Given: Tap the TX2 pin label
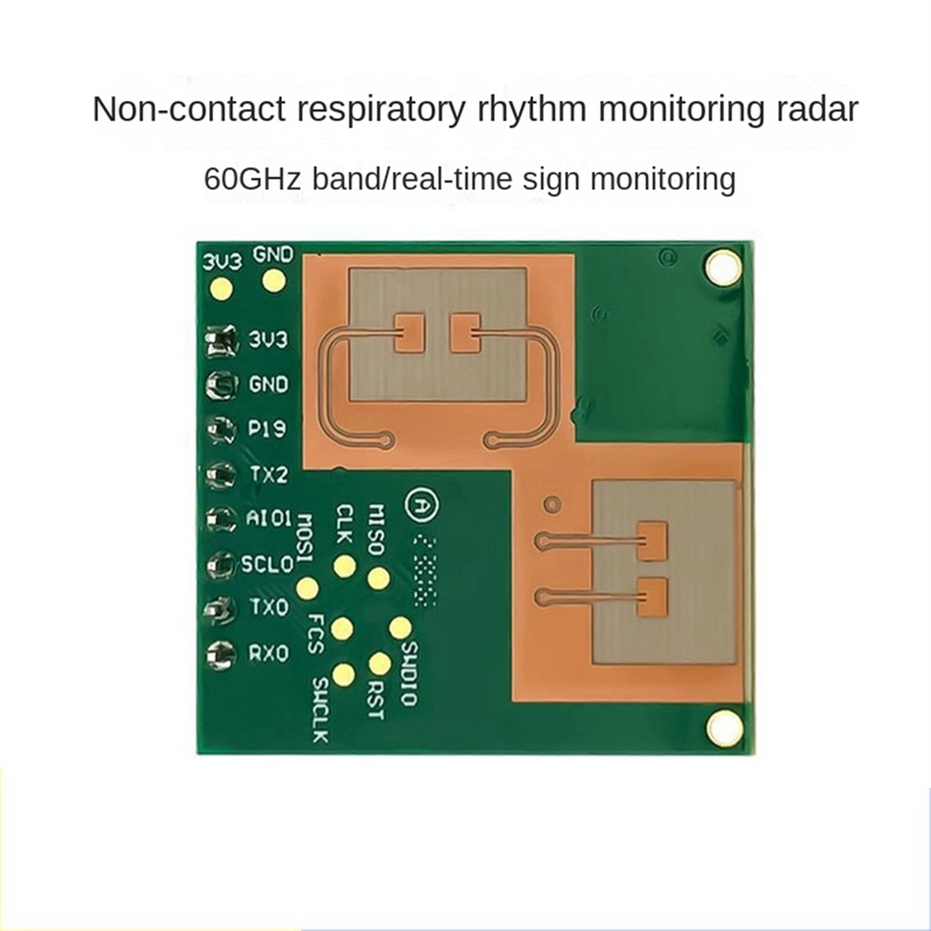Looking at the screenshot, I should [268, 473].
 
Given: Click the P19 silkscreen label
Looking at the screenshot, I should [268, 428].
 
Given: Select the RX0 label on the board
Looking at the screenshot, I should [268, 653].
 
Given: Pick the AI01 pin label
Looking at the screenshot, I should [268, 517].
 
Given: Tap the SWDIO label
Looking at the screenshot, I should [409, 673].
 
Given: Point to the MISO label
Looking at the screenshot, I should [375, 529].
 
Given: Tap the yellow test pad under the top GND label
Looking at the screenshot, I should [273, 281].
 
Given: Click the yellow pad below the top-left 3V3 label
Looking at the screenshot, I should [221, 289].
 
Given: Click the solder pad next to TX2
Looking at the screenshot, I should [221, 474].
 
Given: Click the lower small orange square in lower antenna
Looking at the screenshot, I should [652, 597].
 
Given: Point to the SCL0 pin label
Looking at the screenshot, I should [268, 563].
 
